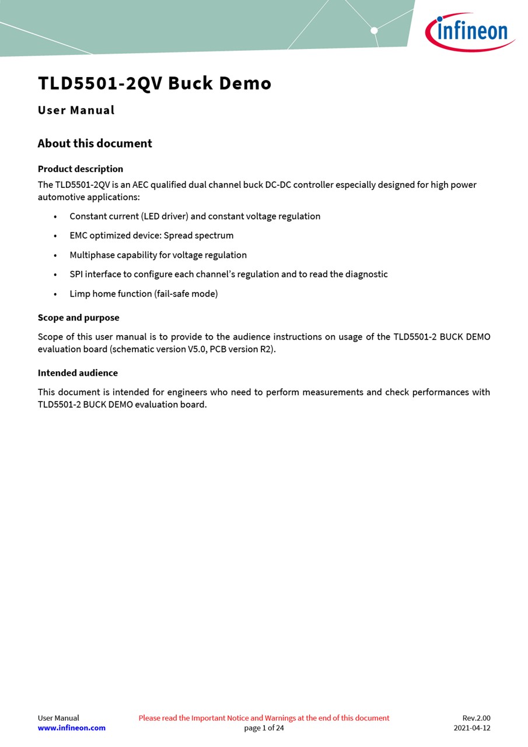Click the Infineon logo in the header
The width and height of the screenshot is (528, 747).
470,32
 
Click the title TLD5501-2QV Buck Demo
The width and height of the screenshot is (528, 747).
155,83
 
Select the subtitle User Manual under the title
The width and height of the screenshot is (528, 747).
76,110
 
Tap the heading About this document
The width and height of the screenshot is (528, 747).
95,144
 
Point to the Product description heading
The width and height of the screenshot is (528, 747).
81,169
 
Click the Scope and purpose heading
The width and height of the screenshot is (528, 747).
78,318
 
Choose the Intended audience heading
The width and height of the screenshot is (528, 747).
78,373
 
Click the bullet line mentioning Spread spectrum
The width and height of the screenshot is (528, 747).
152,236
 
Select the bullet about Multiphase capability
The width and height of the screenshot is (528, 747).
158,255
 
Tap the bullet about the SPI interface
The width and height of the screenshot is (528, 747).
229,274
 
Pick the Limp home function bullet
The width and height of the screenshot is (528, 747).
144,294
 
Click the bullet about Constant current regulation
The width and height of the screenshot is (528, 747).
195,217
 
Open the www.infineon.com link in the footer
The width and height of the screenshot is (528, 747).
72,728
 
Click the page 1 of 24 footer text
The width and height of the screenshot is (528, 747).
264,728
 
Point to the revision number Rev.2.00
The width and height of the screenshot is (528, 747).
476,718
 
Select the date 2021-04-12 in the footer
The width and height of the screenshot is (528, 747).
472,728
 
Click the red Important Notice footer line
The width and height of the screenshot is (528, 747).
264,718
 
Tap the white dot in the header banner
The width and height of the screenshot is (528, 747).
374,30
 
